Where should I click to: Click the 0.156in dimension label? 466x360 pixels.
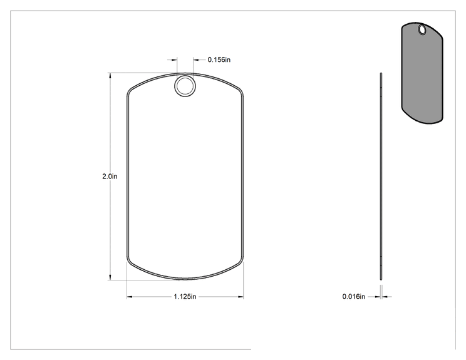[219, 59]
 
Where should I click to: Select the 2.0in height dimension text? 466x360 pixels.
[110, 177]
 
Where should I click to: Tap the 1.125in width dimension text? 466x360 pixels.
[185, 297]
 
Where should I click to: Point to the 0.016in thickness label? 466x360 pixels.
[354, 296]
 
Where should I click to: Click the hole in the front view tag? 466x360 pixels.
[185, 86]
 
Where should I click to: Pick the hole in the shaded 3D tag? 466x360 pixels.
[422, 29]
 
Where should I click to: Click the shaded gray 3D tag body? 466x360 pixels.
[422, 73]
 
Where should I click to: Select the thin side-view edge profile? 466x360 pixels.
[381, 176]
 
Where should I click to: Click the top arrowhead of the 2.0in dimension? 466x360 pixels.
[110, 75]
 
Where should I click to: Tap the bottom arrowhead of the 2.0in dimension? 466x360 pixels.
[110, 277]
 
